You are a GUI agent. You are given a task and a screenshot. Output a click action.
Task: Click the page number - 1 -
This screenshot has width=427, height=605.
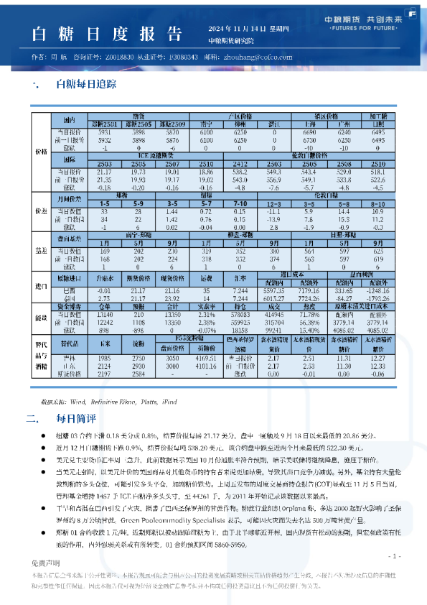click(394, 557)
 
